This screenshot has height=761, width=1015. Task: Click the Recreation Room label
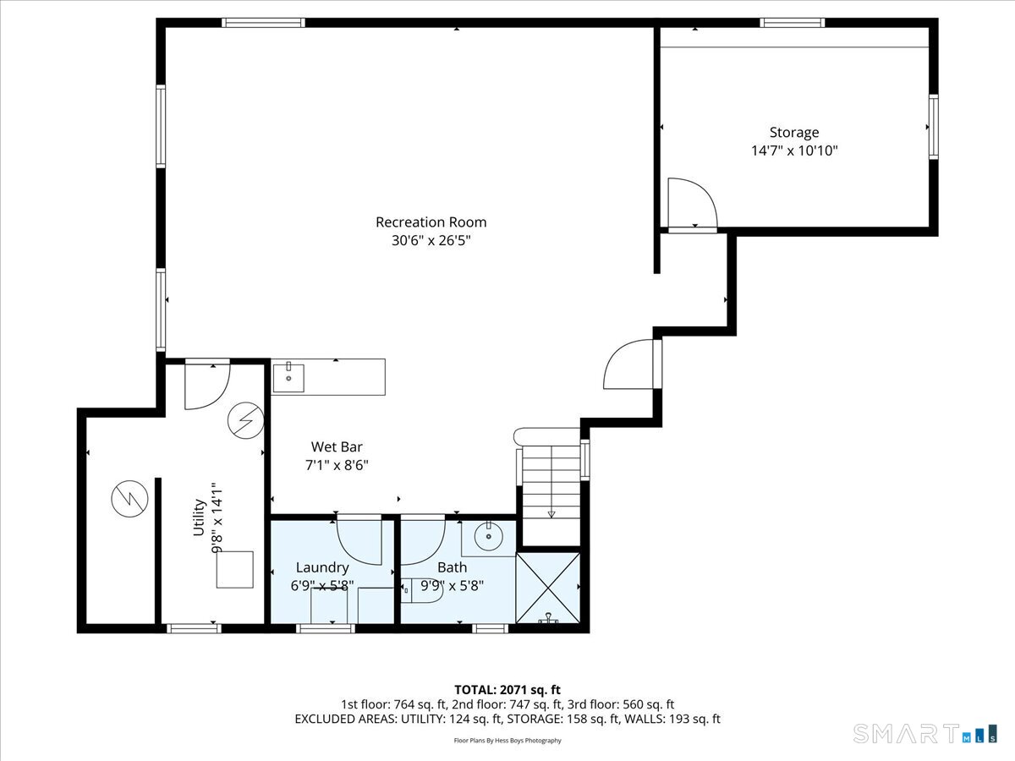(431, 222)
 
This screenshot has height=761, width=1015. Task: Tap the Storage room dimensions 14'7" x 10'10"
(794, 151)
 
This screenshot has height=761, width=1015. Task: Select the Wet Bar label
(337, 446)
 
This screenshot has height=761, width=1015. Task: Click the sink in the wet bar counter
(288, 378)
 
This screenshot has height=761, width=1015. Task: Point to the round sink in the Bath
(489, 536)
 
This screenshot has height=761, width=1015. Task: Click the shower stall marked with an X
(547, 588)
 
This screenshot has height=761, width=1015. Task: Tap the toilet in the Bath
(420, 590)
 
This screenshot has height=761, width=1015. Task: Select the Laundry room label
(322, 567)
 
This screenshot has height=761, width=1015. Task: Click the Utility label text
(199, 517)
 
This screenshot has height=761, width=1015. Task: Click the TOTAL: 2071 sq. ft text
(507, 690)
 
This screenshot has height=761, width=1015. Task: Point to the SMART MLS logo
(924, 734)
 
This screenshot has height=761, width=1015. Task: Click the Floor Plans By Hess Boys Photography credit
(507, 740)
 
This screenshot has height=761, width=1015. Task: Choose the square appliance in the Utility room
(235, 570)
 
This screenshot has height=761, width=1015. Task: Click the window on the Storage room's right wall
(934, 127)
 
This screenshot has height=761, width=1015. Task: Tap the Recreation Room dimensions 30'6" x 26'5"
(431, 241)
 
